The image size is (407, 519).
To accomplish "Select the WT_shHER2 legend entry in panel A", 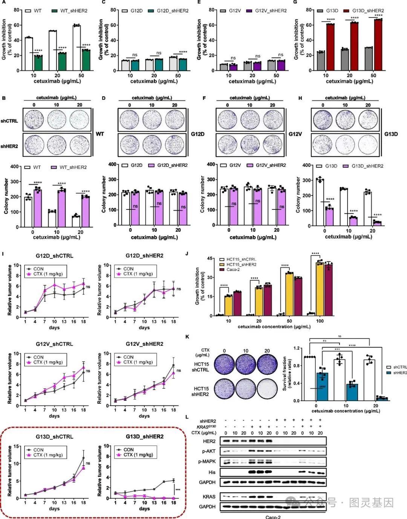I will coord(69,11).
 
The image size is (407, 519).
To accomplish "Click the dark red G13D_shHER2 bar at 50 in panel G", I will coord(378,45).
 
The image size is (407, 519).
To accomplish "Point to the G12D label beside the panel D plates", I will coord(198,134).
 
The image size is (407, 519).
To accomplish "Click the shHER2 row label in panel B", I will coord(9,146).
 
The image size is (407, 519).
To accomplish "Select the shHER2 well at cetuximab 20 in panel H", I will coord(368,143).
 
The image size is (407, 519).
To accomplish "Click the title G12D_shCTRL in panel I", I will coord(55,256).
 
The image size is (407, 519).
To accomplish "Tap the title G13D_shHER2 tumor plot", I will coord(144,437).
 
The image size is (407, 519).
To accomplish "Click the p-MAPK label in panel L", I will coord(207,461).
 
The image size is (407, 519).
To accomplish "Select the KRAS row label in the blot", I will coord(209,497).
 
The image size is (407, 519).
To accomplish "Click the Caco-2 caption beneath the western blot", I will coord(273,517).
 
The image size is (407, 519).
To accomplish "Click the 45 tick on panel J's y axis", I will coord(210,258).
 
